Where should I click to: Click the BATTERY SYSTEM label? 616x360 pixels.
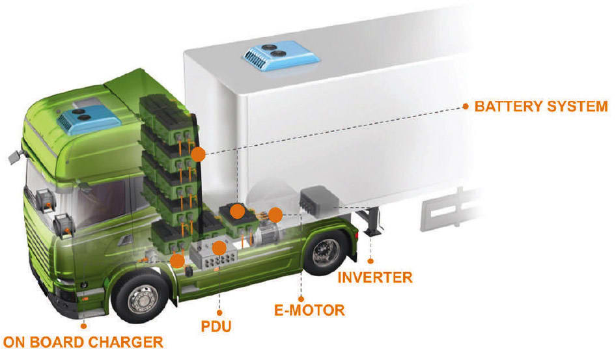click(x=540, y=106)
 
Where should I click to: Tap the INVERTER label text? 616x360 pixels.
click(x=374, y=277)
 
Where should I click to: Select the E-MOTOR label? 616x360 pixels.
click(x=309, y=310)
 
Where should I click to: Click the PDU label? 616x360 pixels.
click(x=217, y=325)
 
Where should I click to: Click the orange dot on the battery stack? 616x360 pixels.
click(x=199, y=154)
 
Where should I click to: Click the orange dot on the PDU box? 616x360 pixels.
click(x=219, y=247)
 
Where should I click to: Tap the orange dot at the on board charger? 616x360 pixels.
click(x=176, y=260)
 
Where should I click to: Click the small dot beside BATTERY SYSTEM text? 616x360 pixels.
click(x=466, y=105)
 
